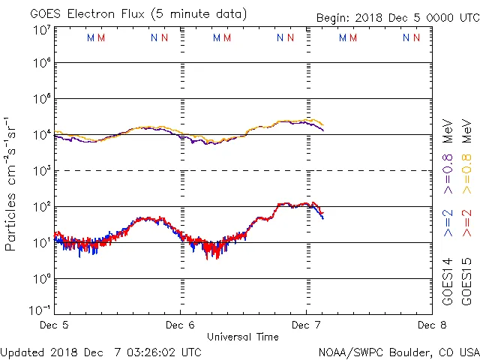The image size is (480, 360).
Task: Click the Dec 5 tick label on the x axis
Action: [53, 325]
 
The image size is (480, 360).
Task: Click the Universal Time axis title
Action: [243, 337]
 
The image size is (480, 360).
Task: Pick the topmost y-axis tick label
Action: [40, 29]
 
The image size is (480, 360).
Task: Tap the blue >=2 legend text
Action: [448, 222]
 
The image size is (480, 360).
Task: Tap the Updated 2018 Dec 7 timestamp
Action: [101, 351]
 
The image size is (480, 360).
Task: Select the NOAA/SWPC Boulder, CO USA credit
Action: [397, 351]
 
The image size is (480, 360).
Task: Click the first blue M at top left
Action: [91, 37]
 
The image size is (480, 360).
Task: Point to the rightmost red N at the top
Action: [416, 37]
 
